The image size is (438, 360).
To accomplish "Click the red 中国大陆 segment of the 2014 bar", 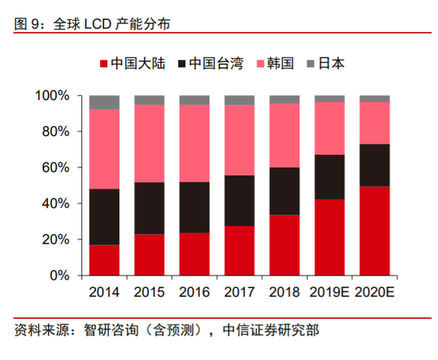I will [x=104, y=260].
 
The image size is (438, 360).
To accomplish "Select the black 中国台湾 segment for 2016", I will [x=194, y=207].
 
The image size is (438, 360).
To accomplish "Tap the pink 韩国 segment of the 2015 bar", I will [x=149, y=143].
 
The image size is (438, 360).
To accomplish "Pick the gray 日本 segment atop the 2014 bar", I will [x=104, y=102].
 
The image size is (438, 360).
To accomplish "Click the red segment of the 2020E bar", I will [x=374, y=231].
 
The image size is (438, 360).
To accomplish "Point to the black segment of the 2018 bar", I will [x=284, y=191].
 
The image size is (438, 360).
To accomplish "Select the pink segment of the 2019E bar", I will [x=329, y=128].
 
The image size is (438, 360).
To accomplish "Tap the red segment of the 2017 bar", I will [x=239, y=250].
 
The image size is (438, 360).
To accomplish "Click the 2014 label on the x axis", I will [x=104, y=293].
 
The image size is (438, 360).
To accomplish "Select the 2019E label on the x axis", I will [x=329, y=293].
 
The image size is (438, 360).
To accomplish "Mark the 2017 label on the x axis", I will [x=239, y=293].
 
